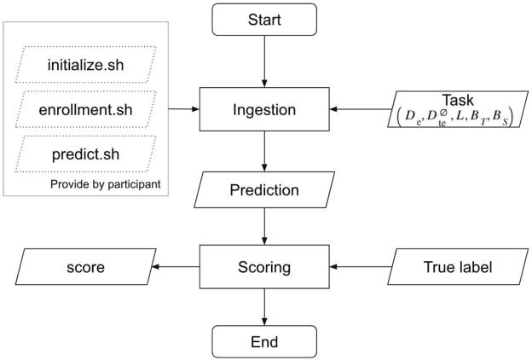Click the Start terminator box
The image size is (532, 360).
[264, 19]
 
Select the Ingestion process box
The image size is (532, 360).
[264, 109]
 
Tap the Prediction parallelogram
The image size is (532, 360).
[264, 189]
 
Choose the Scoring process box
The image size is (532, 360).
[264, 267]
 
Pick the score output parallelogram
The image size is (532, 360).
[86, 267]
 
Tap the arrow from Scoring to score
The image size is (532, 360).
[176, 267]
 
